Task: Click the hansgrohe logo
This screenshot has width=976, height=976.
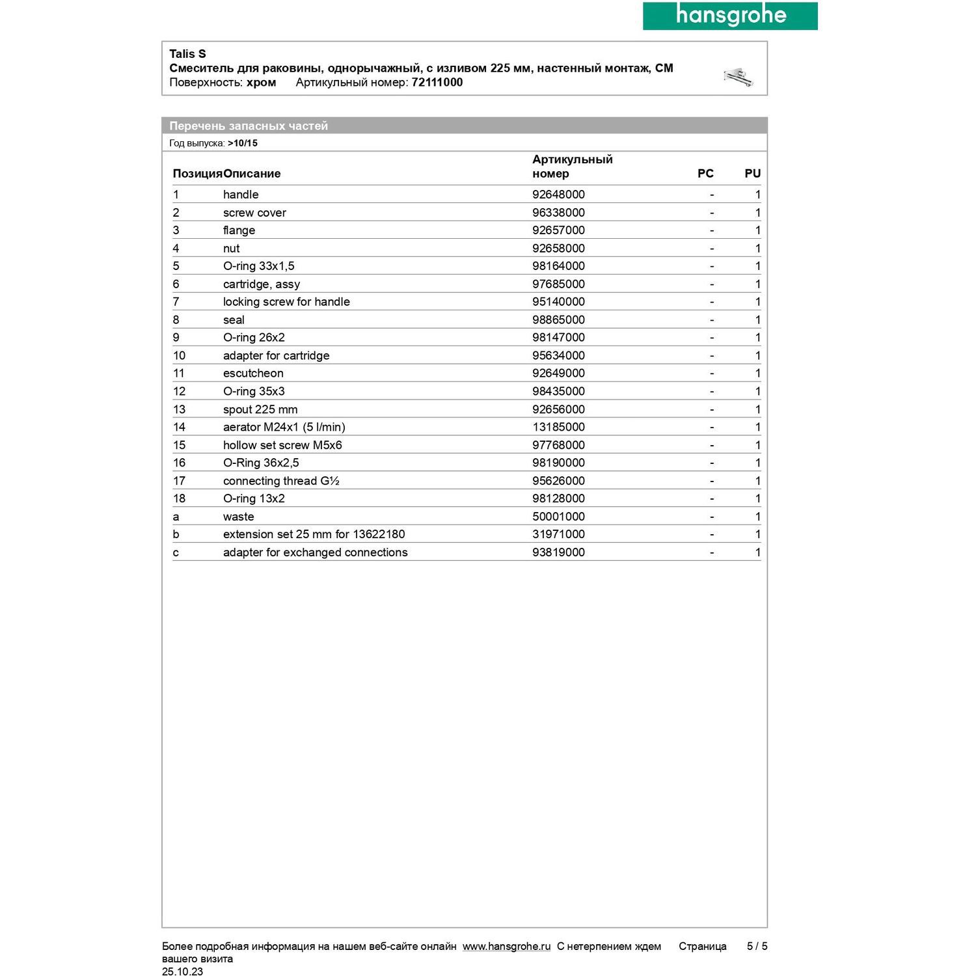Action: (x=730, y=16)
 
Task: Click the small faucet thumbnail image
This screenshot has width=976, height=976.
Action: (x=739, y=77)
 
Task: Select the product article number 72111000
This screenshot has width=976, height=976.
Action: (x=437, y=83)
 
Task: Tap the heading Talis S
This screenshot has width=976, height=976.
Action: (x=187, y=54)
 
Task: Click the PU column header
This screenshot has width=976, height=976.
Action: (x=752, y=174)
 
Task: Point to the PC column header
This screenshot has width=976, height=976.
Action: (x=705, y=174)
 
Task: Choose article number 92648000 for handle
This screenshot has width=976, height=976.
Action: (x=558, y=195)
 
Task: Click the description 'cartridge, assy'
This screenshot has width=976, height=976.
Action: (x=262, y=284)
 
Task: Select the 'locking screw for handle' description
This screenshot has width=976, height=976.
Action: (x=286, y=302)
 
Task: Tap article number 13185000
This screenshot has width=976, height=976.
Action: (x=558, y=427)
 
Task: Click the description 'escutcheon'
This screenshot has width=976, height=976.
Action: (x=253, y=373)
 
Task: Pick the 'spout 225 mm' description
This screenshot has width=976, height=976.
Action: (x=260, y=410)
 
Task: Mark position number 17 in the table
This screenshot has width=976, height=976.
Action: (x=179, y=481)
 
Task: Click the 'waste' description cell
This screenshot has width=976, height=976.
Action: (x=238, y=517)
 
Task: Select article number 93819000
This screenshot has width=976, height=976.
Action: (x=558, y=552)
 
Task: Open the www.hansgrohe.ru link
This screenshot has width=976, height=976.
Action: (x=506, y=947)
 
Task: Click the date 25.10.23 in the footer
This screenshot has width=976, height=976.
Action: (x=182, y=971)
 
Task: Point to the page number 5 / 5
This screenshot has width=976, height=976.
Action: (x=757, y=947)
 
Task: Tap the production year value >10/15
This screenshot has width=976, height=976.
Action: (x=243, y=143)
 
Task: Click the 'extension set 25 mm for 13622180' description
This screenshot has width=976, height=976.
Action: (x=314, y=535)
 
